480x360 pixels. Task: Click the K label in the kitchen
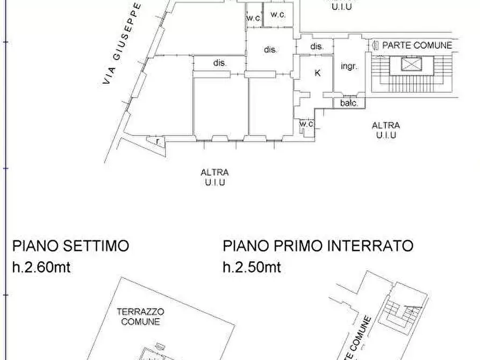click(317, 73)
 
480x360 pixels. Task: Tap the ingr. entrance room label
click(349, 67)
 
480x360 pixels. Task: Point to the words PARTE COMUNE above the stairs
click(417, 46)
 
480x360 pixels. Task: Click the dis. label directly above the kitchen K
click(317, 47)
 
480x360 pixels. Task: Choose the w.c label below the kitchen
click(306, 125)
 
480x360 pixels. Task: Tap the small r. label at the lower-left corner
click(157, 141)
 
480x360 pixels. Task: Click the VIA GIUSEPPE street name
click(123, 43)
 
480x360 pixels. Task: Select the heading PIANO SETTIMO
click(70, 246)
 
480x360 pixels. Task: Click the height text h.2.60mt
click(41, 267)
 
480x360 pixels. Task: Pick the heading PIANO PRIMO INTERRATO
click(318, 246)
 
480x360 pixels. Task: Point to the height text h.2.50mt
click(252, 267)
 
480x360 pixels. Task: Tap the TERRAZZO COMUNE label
click(140, 316)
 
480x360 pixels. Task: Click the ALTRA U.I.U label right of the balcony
click(385, 131)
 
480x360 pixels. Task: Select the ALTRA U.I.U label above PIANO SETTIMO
click(214, 177)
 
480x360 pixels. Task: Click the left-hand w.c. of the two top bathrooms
click(253, 18)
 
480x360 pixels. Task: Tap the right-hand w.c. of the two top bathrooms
click(278, 15)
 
